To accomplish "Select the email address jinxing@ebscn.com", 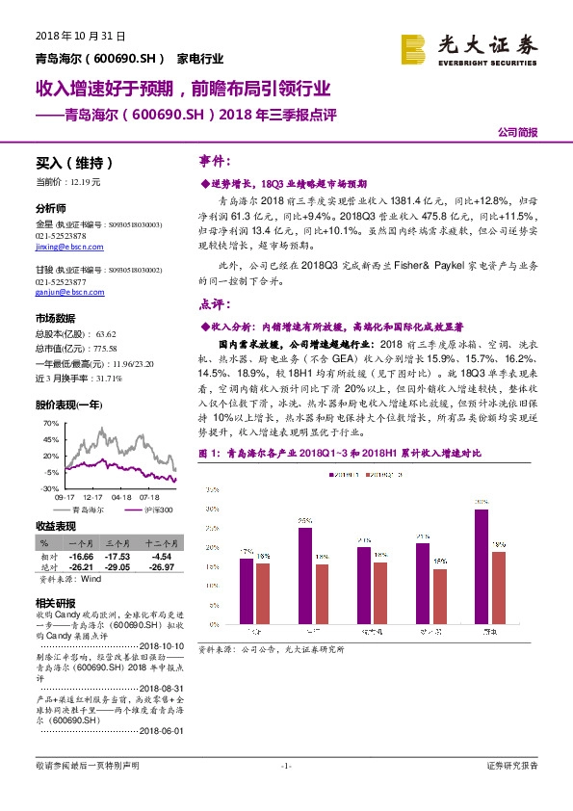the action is tap(65, 246).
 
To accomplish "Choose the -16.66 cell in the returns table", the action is tap(80, 556).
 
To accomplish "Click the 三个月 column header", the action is tap(118, 543).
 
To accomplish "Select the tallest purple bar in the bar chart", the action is tap(481, 564).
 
